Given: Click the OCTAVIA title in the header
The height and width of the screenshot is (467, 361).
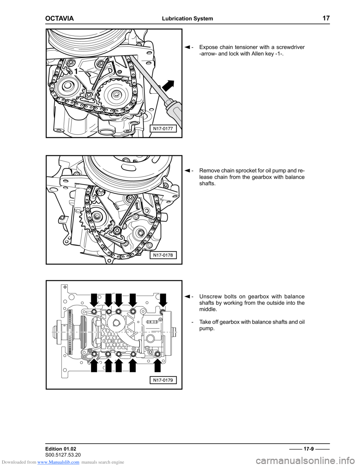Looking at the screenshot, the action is pos(59,19).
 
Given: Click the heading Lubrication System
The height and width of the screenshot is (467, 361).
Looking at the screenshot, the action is pos(187,19).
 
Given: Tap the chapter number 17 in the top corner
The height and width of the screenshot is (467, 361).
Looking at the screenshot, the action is pos(326,18).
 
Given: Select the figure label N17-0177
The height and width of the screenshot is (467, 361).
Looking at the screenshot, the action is pos(163,129).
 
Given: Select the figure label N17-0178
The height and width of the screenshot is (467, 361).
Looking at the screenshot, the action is pos(163,255).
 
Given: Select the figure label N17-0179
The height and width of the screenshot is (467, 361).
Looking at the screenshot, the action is pos(163,380).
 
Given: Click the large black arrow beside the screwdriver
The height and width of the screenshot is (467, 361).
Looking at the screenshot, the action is pos(168,86).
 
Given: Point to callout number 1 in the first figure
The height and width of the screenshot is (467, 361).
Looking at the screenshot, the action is pos(76,71).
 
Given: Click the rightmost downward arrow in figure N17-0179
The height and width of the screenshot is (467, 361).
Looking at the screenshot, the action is pos(163,300).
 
